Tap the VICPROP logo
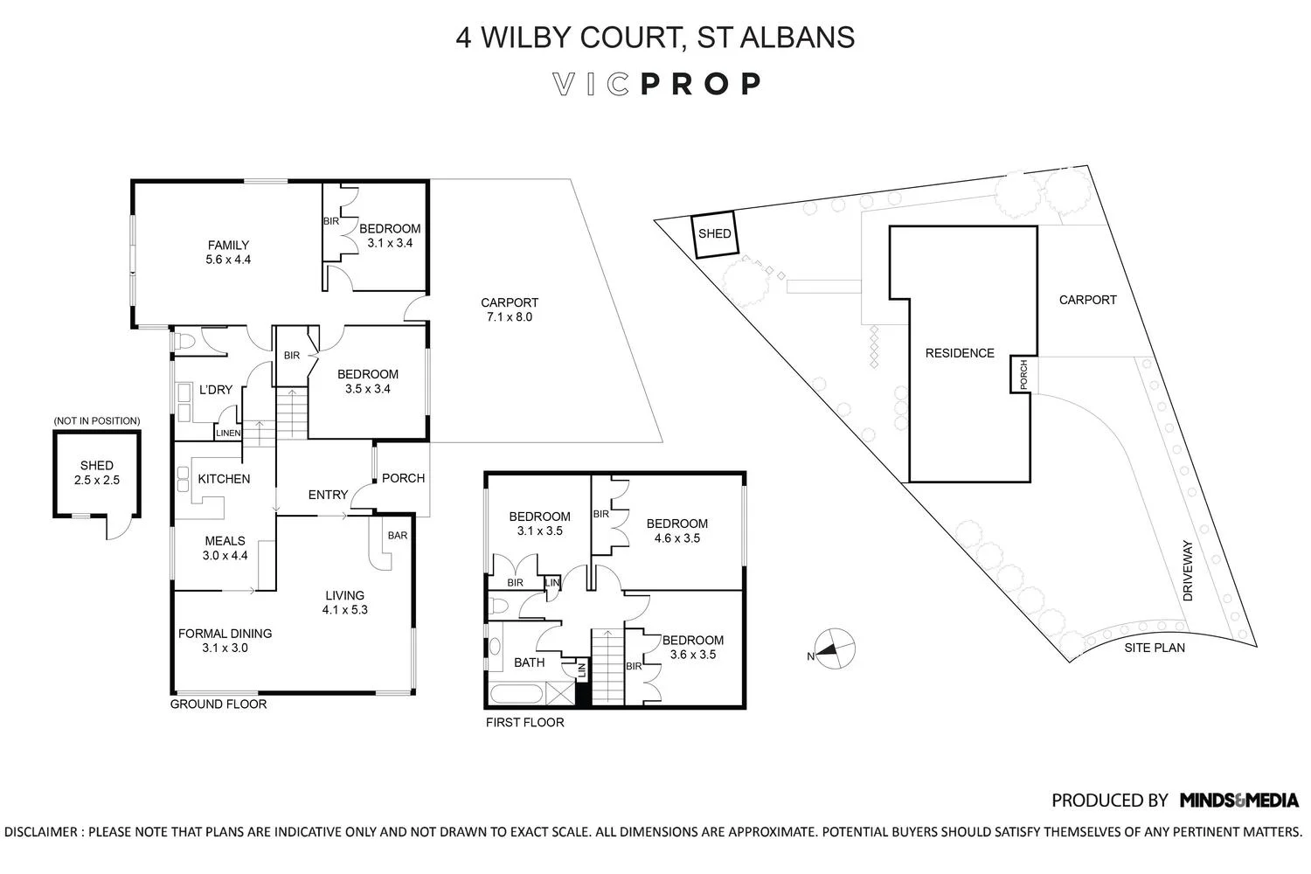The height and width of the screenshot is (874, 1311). click(657, 84)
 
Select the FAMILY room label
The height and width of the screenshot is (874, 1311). click(228, 246)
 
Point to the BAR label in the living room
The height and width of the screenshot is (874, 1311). click(397, 536)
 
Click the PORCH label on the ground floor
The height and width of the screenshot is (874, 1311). click(404, 478)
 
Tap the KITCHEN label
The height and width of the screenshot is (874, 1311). click(224, 479)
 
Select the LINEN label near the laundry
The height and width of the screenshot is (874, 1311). click(228, 434)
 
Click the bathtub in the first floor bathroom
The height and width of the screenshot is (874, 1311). click(517, 696)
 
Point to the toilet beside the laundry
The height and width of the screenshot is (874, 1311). click(184, 342)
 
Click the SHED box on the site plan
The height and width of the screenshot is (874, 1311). click(714, 234)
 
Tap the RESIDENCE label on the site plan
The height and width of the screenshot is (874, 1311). click(960, 353)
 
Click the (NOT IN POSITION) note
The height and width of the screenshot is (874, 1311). click(96, 421)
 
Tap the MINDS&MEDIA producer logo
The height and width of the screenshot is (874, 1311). click(1239, 800)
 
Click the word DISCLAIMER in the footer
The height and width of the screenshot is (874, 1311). click(41, 832)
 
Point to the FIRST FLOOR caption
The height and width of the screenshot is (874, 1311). click(524, 722)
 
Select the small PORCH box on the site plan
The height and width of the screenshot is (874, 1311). click(1023, 375)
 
